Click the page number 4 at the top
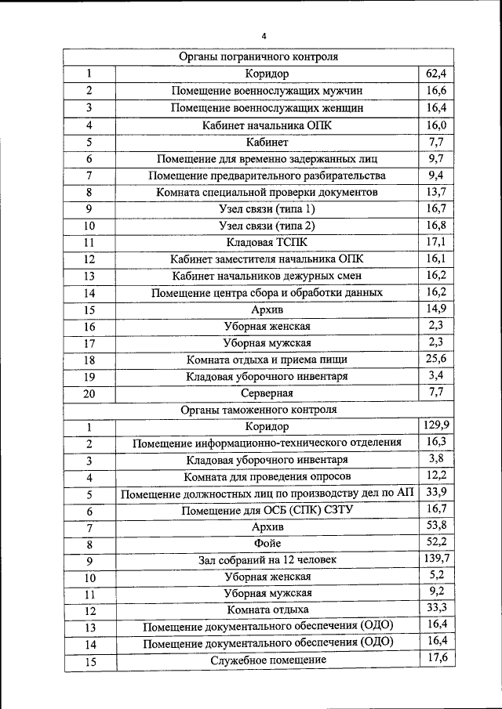[x=264, y=36]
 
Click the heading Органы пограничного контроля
[x=258, y=57]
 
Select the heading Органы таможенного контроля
[x=258, y=410]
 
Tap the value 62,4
[x=436, y=74]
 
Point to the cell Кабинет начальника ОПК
[x=267, y=125]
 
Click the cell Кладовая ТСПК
[x=267, y=242]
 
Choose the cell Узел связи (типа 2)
[x=267, y=226]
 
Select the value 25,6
[x=436, y=359]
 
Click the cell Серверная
[x=267, y=392]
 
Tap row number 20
[x=89, y=393]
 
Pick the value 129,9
[x=435, y=425]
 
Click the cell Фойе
[x=267, y=543]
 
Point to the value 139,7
[x=435, y=558]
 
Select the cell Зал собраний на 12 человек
[x=267, y=560]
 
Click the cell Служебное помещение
[x=267, y=660]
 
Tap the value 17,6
[x=436, y=658]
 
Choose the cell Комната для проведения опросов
[x=267, y=476]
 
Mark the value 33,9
[x=436, y=492]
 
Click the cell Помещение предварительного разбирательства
[x=267, y=175]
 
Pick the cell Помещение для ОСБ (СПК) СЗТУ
[x=267, y=510]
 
